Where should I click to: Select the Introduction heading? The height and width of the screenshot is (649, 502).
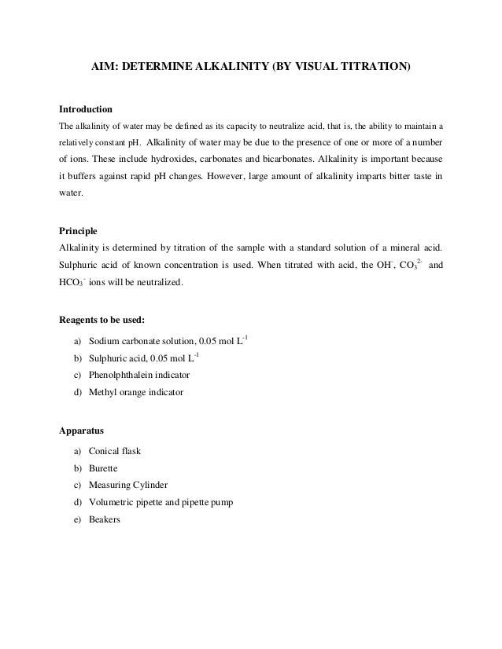[x=87, y=108]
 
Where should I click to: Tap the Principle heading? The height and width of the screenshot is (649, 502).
[x=79, y=232]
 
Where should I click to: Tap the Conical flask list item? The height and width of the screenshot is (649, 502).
[x=115, y=452]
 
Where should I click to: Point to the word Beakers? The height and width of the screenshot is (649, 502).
[x=105, y=519]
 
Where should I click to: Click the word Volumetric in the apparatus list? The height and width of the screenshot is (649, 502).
[x=113, y=501]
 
